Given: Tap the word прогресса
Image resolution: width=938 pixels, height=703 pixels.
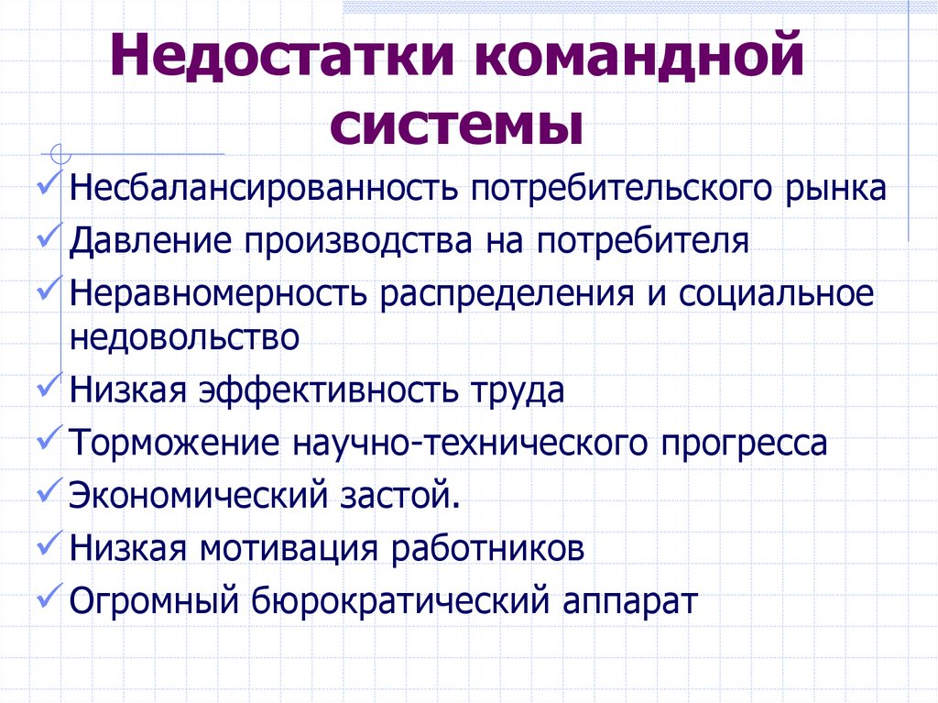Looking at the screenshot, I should coord(742,444).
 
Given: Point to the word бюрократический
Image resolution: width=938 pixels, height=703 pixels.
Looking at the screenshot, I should coord(398,602).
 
